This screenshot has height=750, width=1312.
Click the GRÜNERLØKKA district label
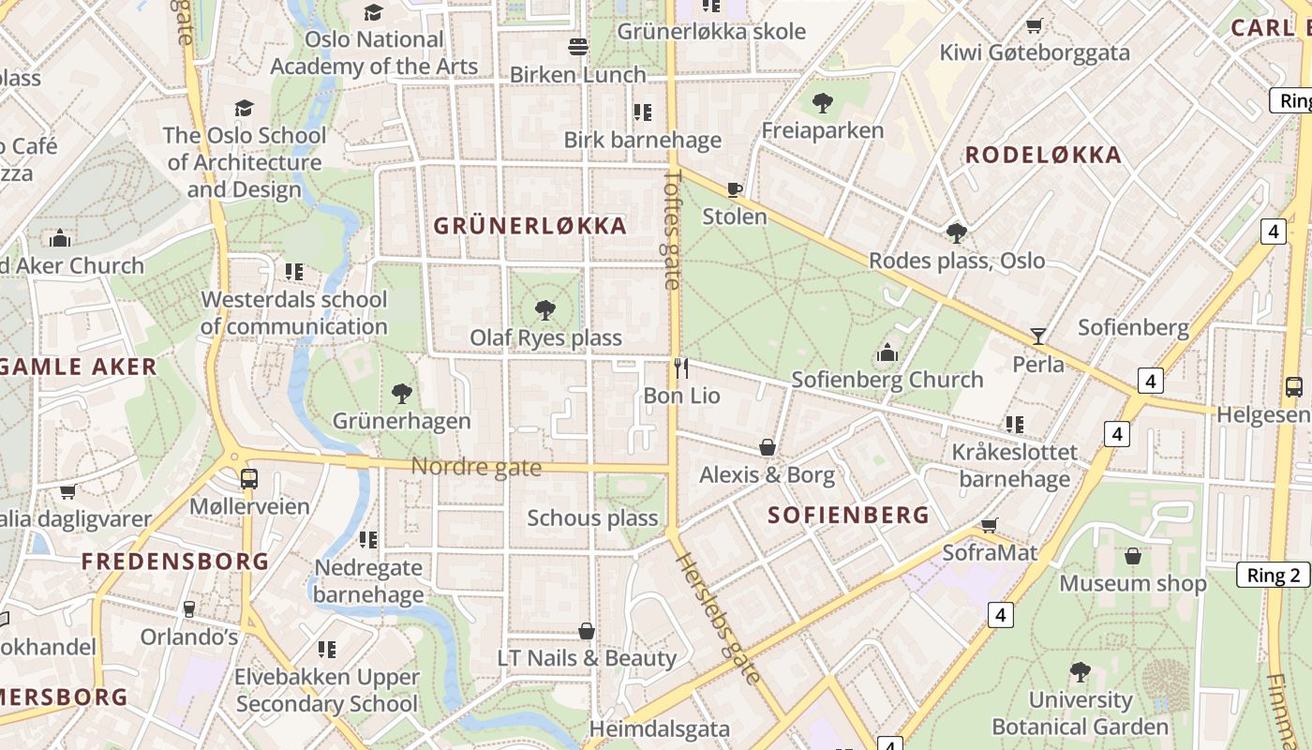529,226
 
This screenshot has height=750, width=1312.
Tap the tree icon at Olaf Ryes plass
544,310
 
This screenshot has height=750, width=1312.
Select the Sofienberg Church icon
887,352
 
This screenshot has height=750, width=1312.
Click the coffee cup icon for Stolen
735,190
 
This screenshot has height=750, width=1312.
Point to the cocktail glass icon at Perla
1037,336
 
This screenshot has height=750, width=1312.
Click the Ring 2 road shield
1274,575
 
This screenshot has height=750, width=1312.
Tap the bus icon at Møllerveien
248,478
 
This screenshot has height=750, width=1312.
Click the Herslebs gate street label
718,618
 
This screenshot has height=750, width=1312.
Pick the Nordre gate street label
476,466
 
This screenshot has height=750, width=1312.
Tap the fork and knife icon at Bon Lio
681,368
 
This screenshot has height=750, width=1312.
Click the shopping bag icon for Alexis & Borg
767,447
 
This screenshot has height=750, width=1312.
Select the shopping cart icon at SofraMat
989,525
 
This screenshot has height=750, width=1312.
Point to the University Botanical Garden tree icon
1080,671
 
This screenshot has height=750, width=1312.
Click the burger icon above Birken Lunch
578,47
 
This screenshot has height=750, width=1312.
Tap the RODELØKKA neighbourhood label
1043,156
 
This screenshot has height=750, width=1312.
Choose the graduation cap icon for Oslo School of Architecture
244,108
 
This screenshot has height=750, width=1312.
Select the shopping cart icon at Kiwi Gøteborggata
1035,25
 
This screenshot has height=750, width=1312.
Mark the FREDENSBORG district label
175,562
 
